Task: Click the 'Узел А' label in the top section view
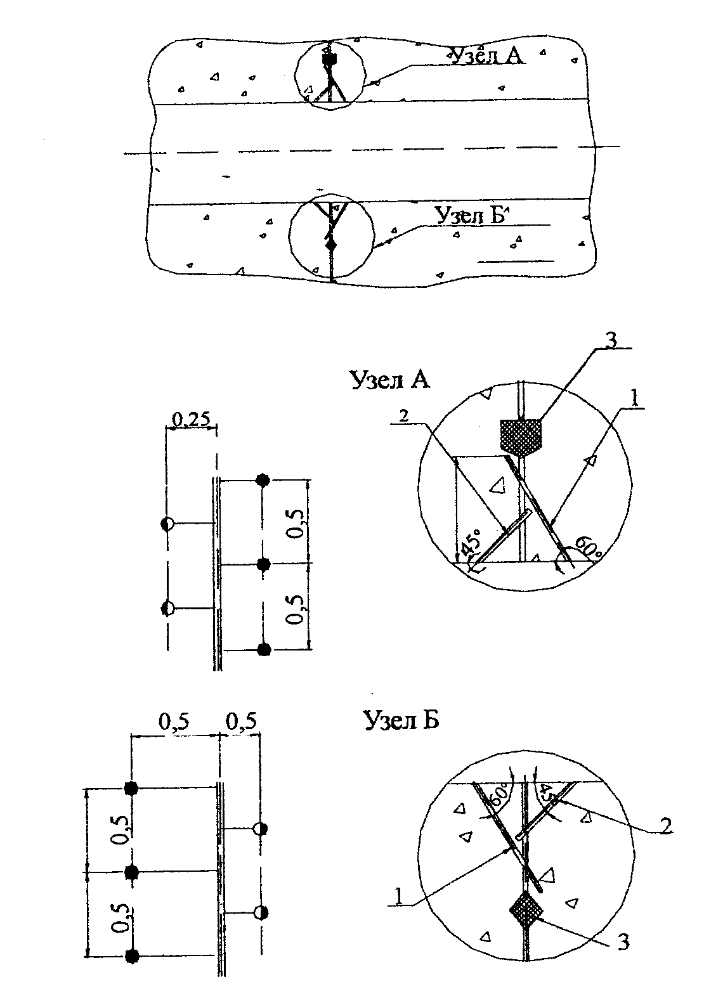coord(487,56)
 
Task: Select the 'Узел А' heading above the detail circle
coord(389,379)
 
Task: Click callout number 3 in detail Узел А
coord(611,340)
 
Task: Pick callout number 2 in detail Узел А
coord(404,416)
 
